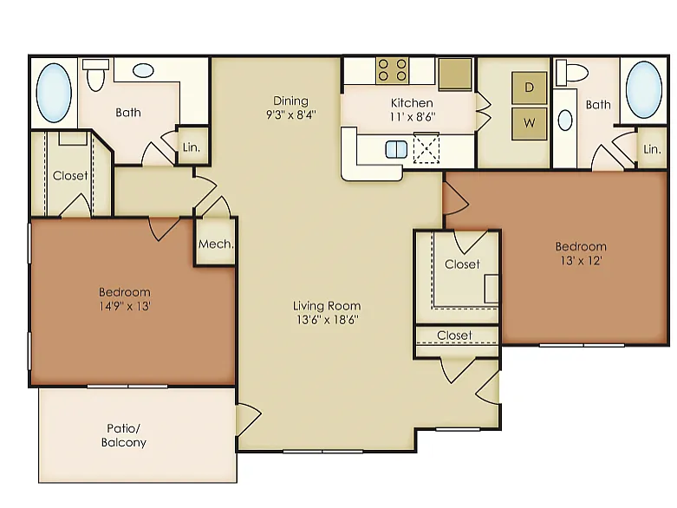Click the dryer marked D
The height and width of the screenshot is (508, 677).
(529, 88)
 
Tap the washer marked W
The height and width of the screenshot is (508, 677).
(529, 123)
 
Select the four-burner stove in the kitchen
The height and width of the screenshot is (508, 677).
(392, 70)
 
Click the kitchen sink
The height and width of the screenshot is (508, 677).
(396, 149)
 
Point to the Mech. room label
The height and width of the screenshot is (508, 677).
(216, 244)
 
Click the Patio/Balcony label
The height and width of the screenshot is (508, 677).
(123, 435)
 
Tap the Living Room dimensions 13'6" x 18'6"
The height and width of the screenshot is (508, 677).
(327, 320)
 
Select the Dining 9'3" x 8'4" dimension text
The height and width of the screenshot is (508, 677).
(291, 115)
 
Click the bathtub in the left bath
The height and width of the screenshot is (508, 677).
(54, 94)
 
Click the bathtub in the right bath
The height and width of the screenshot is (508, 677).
(643, 89)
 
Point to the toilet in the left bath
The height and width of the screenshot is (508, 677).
(95, 75)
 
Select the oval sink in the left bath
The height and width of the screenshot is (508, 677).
(143, 70)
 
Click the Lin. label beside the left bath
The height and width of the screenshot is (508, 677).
(192, 147)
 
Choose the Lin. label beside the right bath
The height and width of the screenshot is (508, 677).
(652, 149)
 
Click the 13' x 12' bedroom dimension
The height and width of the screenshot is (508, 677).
(581, 261)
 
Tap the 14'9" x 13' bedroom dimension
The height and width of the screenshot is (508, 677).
(124, 306)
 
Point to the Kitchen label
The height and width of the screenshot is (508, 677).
(412, 102)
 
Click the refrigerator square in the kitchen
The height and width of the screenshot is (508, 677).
(455, 74)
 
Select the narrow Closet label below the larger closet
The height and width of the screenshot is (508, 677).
(454, 335)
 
